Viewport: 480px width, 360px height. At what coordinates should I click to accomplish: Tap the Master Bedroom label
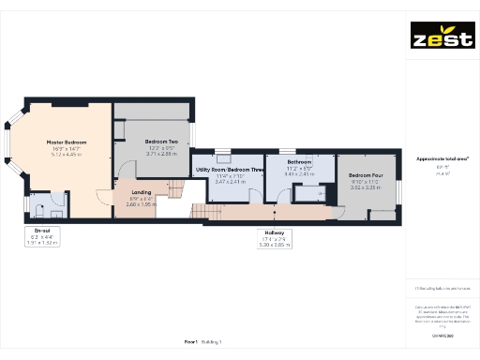coord(67,142)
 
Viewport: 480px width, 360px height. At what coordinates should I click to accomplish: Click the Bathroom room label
coord(301,161)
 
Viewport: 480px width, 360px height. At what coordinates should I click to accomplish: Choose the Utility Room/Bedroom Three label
coord(229,170)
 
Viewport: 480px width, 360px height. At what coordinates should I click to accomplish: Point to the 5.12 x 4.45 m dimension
coord(67,154)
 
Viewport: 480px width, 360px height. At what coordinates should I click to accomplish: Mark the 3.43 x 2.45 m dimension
coord(301,173)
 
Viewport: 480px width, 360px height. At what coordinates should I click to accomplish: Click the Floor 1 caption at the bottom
coord(196,342)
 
